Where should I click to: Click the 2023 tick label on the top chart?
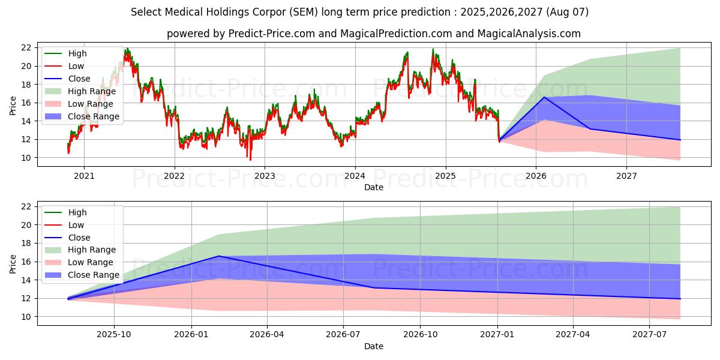265,176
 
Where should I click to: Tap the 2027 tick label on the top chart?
626,176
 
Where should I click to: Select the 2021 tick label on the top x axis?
84,176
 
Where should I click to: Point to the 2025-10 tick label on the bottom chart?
114,334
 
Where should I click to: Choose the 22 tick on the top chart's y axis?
27,47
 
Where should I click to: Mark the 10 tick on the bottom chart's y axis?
27,317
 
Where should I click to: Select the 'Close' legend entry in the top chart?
79,79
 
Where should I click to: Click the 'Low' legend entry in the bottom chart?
76,225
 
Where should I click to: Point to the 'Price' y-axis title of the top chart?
13,106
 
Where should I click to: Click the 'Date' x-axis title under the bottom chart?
373,346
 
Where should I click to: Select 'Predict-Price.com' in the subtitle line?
272,34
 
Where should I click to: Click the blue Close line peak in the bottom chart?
219,256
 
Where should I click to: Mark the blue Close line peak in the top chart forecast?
544,97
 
